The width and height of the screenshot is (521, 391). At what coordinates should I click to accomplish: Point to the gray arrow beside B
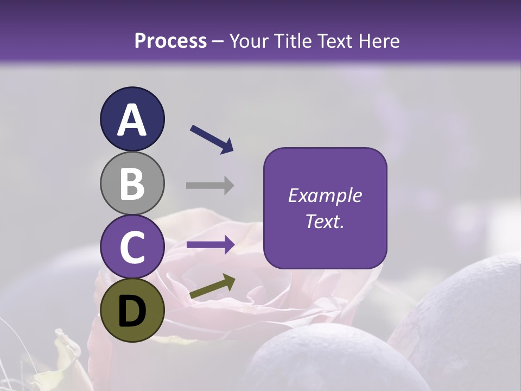tap(210, 185)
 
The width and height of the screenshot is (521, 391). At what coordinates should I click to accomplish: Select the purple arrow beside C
tap(211, 245)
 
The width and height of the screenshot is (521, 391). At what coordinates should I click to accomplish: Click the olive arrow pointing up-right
tap(212, 286)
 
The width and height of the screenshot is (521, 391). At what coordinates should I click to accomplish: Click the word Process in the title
tap(170, 41)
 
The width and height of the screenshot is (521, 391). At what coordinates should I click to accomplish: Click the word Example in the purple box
tap(325, 195)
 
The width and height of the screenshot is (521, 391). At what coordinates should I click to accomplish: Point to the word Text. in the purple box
tap(325, 222)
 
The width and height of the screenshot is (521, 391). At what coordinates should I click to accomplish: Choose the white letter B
tap(132, 184)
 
